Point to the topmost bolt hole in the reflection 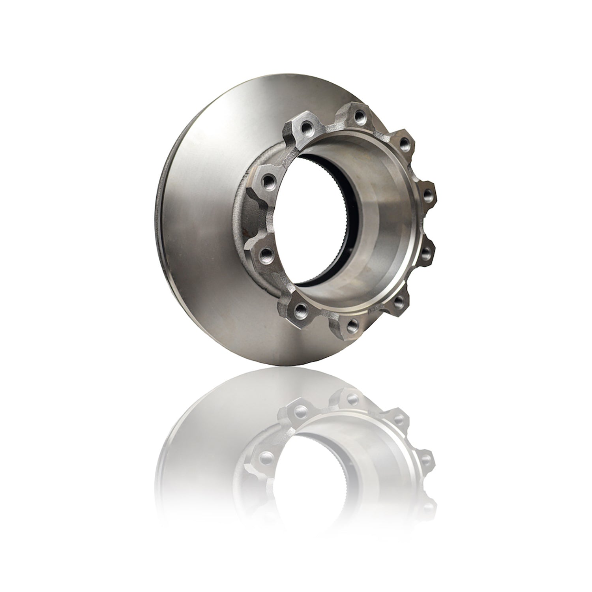[348, 401]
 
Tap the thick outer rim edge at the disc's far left [164, 221]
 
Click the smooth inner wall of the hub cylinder [379, 221]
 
